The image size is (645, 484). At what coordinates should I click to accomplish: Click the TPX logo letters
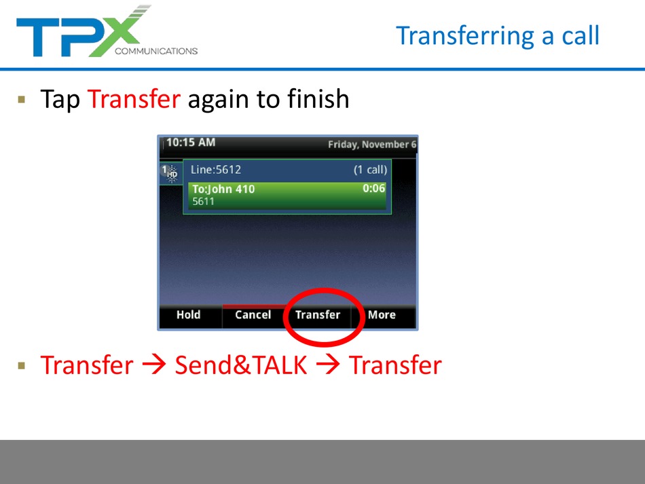[82, 32]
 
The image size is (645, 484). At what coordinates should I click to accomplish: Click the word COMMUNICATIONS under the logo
[156, 51]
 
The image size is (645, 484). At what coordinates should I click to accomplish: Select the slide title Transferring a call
[498, 36]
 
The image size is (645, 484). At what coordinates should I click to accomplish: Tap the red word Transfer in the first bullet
[134, 98]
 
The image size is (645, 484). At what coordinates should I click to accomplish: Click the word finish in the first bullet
[318, 98]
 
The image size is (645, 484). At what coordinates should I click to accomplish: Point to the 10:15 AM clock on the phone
[191, 143]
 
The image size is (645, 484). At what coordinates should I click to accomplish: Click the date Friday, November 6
[372, 145]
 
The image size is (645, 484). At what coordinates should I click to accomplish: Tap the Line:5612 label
[216, 170]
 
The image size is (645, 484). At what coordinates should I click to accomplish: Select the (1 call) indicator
[370, 170]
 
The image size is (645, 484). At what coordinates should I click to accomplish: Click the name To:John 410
[223, 189]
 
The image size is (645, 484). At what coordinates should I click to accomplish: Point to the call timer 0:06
[373, 188]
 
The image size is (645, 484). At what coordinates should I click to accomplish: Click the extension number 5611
[203, 202]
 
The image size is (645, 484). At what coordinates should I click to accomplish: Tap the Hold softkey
[188, 314]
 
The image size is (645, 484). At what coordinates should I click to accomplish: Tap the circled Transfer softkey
[318, 314]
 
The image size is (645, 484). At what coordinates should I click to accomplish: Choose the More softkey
[382, 314]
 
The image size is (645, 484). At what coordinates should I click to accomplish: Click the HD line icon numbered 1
[170, 172]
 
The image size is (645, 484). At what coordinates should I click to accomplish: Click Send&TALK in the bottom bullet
[240, 365]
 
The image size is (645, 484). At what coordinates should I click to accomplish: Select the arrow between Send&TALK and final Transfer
[328, 365]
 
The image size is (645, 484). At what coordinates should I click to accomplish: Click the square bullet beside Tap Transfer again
[22, 99]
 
